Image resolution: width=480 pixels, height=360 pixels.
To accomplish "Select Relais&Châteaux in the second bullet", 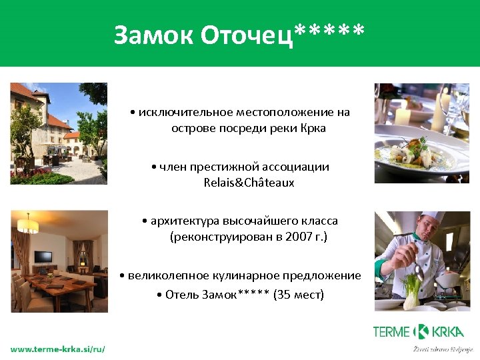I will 249,182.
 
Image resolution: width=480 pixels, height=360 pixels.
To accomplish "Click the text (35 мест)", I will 299,294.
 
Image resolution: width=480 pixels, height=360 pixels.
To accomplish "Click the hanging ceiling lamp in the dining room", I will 27,223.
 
